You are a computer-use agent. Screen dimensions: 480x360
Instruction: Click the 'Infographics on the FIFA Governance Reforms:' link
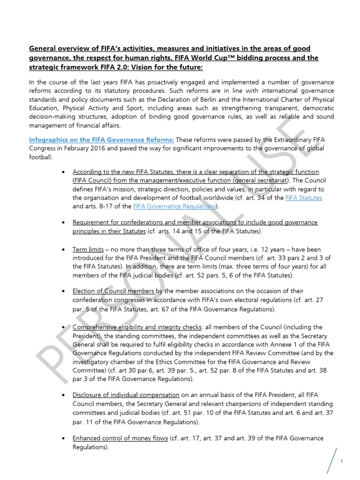point(102,140)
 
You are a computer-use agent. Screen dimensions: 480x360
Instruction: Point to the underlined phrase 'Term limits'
point(88,250)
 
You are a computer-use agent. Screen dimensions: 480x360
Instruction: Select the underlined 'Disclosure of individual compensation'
point(126,395)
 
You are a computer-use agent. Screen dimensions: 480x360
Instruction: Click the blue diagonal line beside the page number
point(333,460)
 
